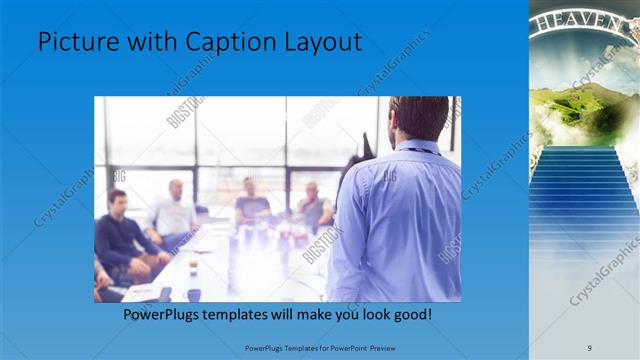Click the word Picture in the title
pos(76,43)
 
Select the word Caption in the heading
pos(221,43)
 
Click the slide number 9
pos(589,347)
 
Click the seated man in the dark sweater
pos(120,235)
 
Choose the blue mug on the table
pos(193,294)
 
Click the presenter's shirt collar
pos(420,147)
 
